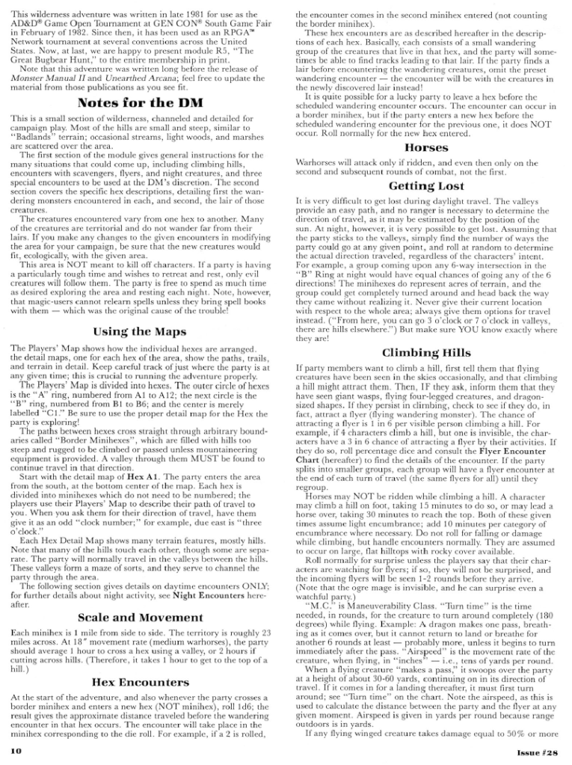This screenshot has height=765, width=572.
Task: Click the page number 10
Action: point(16,748)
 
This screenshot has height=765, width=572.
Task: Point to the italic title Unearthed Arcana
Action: point(142,80)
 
